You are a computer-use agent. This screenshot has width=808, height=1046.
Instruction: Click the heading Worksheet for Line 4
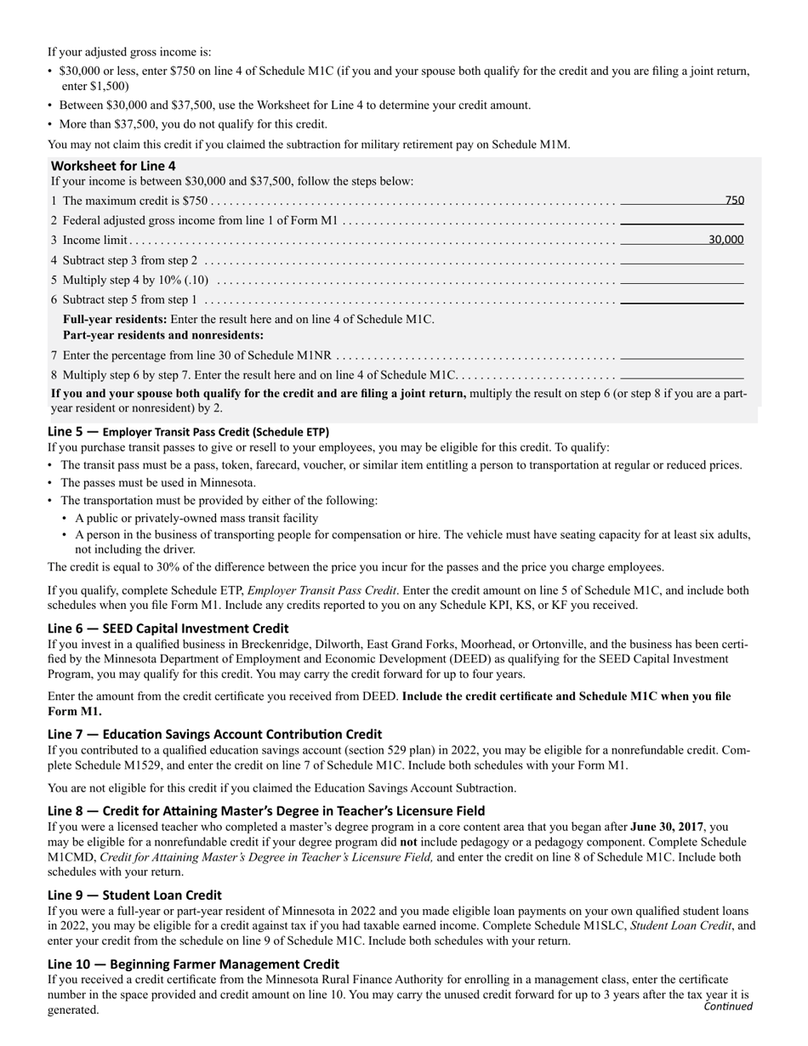[x=114, y=166]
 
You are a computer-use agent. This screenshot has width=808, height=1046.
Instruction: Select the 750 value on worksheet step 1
[x=734, y=201]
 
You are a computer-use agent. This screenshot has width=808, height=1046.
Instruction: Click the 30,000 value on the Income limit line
[x=725, y=240]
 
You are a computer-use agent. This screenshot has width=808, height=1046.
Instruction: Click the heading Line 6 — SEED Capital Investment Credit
[x=168, y=628]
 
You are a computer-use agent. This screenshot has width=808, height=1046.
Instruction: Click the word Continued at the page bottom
[x=728, y=1007]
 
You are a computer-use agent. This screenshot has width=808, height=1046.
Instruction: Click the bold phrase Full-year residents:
[x=115, y=319]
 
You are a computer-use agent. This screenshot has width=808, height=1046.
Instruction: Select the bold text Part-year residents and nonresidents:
[x=163, y=335]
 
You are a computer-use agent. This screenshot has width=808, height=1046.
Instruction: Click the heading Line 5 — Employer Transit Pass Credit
[x=188, y=431]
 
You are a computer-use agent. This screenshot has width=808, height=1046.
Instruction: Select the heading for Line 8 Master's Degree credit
[x=266, y=810]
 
